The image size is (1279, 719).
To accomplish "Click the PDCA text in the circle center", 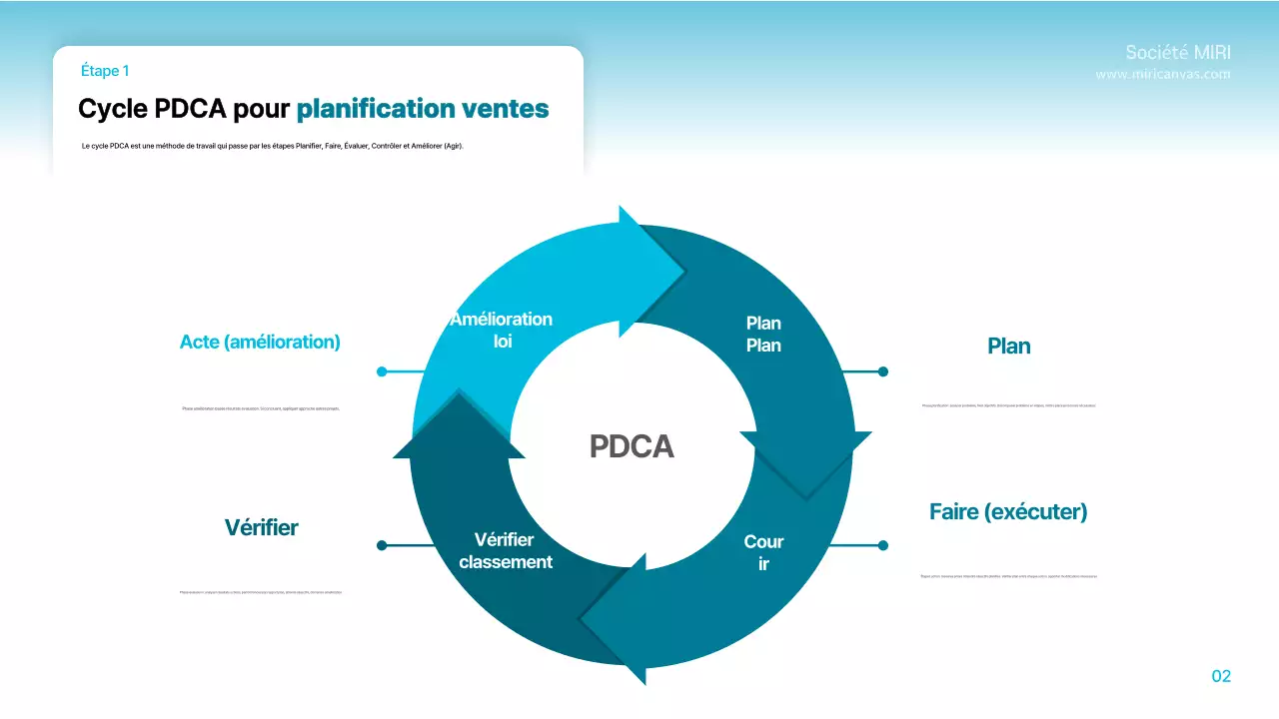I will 632,446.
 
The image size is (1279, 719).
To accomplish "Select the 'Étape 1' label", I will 105,71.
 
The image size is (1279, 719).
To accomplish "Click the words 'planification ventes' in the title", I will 423,108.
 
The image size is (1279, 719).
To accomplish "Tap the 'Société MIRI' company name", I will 1177,53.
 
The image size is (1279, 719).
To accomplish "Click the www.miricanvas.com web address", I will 1163,75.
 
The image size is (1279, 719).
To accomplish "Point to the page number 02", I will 1220,676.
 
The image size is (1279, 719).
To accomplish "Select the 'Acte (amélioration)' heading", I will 260,342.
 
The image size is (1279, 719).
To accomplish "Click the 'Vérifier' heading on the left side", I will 261,527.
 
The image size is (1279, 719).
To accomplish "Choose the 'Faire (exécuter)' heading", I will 1008,512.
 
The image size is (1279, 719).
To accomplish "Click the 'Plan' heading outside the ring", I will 1008,347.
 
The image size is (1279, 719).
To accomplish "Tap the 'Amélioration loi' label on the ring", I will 502,330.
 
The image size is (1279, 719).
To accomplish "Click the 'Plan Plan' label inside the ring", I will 763,335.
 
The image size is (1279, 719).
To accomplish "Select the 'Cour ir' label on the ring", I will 763,553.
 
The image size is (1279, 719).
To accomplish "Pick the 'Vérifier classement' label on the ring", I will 506,551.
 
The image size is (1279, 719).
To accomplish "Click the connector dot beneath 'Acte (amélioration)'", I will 382,371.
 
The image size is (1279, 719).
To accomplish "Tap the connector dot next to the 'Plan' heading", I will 882,371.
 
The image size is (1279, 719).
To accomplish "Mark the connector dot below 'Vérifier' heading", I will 382,545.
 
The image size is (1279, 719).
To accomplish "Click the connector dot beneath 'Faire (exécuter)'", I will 882,545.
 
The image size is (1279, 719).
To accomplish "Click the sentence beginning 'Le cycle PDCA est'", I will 273,146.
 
